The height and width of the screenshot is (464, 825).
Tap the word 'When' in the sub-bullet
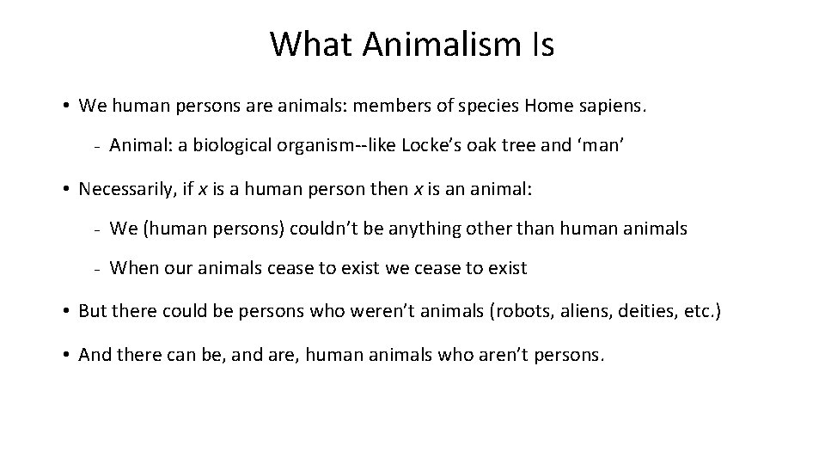pos(134,268)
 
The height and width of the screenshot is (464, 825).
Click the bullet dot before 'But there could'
pos(66,311)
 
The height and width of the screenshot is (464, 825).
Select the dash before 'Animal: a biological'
pos(99,148)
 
